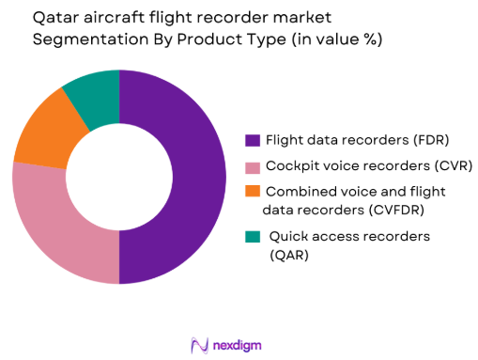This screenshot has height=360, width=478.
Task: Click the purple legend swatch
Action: (x=252, y=141)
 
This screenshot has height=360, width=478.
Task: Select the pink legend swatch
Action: (x=252, y=166)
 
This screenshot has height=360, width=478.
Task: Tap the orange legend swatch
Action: (x=252, y=192)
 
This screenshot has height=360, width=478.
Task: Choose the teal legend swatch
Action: (x=252, y=236)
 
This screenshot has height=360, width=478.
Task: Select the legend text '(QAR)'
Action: (x=287, y=254)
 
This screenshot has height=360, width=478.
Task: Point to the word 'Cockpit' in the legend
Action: (x=290, y=166)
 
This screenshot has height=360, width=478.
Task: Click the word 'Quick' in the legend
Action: (x=289, y=236)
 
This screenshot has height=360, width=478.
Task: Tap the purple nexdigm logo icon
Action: (x=199, y=343)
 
